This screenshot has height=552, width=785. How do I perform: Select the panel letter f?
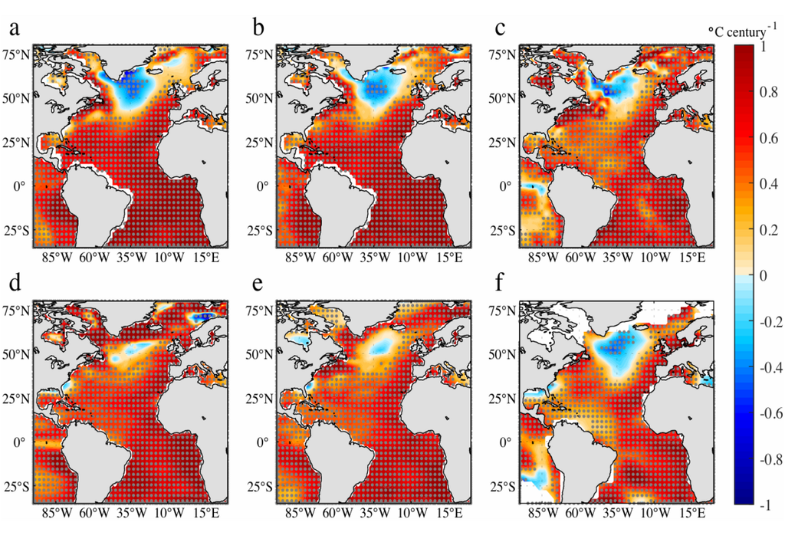[x=501, y=286]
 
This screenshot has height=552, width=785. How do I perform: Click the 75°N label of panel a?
[x=16, y=55]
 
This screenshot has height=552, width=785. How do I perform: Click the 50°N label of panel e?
[x=261, y=355]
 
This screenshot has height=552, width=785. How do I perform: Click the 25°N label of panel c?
[x=504, y=143]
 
